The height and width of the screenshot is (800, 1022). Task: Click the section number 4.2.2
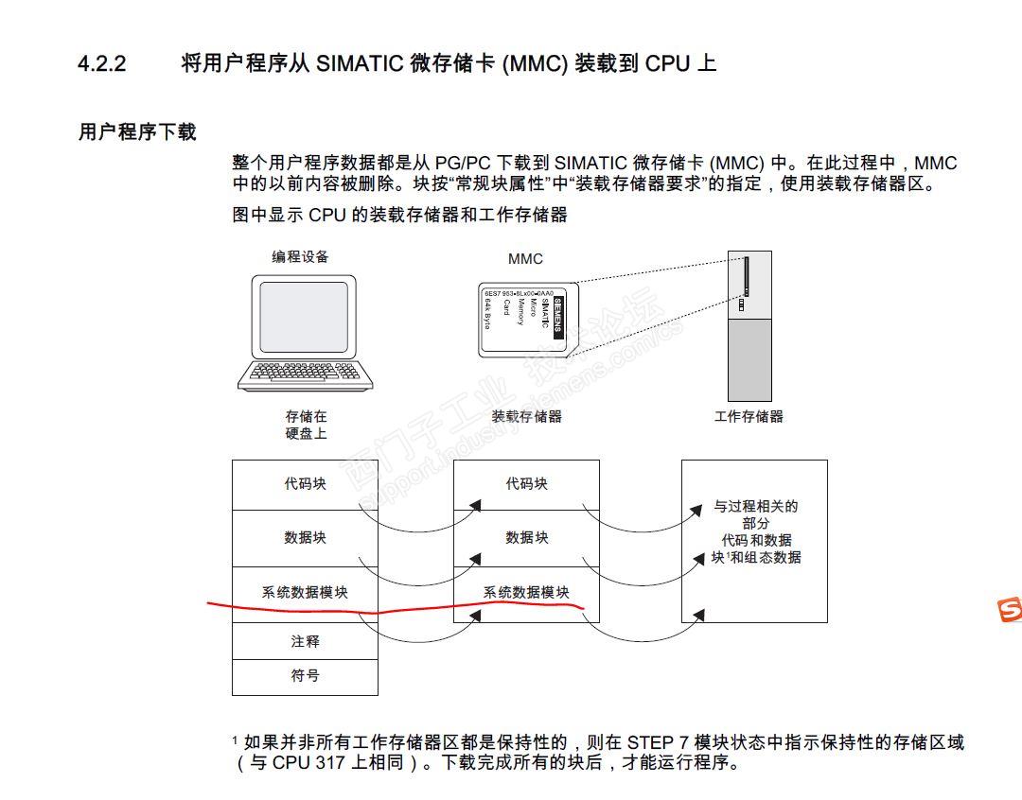101,64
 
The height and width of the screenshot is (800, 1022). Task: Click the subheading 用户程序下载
137,132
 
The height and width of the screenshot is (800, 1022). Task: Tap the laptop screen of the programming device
305,317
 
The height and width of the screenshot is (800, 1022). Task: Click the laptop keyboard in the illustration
306,373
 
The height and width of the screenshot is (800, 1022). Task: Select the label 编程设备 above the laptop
301,257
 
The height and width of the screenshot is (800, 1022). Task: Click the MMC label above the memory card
525,259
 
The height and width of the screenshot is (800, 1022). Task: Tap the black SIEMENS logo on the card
557,318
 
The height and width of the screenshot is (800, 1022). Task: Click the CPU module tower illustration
749,326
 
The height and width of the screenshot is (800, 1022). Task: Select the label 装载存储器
526,416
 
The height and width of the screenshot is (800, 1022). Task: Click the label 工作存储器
749,416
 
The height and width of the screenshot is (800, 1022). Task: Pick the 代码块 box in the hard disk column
305,484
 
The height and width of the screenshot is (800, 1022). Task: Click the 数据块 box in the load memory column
526,538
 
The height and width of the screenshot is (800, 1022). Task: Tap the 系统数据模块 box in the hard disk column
305,593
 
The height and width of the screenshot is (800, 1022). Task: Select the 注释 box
305,641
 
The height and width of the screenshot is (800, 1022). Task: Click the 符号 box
305,677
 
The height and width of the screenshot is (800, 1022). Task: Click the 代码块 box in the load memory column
526,484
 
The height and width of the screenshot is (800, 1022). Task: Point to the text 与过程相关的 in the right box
755,507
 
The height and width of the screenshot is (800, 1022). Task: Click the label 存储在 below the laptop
305,416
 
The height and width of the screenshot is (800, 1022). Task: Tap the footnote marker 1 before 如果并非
236,740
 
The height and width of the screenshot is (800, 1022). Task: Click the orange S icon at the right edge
1010,611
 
